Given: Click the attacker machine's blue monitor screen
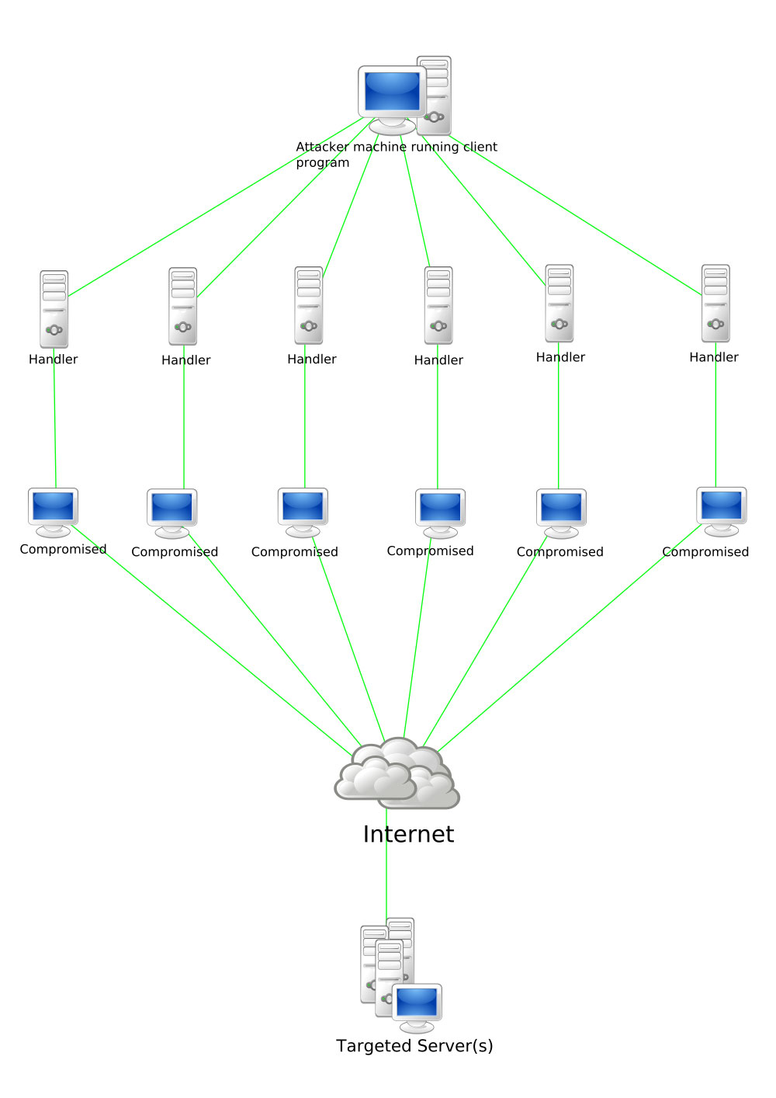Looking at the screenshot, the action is [x=392, y=91].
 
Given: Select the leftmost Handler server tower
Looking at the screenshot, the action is [x=54, y=309].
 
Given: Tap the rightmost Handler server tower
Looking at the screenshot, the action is [x=715, y=303].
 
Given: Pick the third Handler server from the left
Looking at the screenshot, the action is [x=309, y=305].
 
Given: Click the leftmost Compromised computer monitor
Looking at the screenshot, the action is [x=53, y=513].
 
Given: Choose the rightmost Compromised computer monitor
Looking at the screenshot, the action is [x=722, y=511].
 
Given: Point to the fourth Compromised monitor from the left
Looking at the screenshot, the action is [x=441, y=513].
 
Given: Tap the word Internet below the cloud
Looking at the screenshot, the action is [x=409, y=834].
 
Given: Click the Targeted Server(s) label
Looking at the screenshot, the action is [x=414, y=1045].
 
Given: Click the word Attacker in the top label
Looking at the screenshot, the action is [x=322, y=147].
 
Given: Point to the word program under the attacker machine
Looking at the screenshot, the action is [x=322, y=163].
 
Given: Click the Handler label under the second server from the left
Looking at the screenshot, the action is [x=186, y=360].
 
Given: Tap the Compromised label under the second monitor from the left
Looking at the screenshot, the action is [x=175, y=552].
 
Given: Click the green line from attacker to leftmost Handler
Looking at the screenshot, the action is [x=216, y=207].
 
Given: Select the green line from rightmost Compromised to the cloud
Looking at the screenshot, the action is [x=570, y=638].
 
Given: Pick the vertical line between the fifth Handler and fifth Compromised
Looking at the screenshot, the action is [x=559, y=415].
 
